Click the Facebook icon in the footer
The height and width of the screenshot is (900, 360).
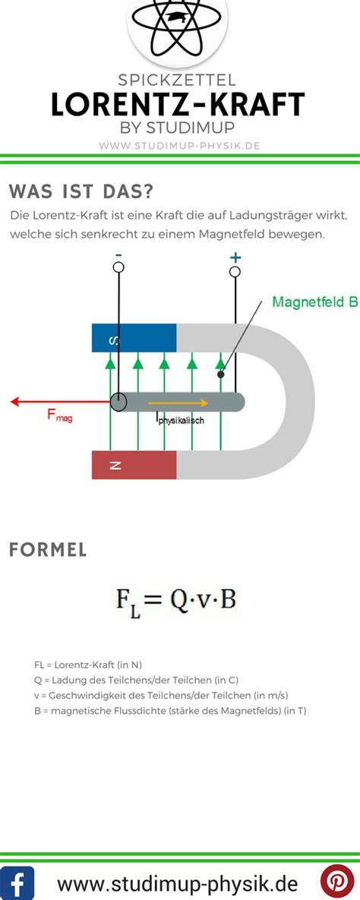(17, 883)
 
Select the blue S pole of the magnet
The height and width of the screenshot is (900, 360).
(134, 338)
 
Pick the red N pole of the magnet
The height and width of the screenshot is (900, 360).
(134, 465)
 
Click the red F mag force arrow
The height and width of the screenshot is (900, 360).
(60, 402)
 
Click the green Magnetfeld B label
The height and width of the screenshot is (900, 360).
(315, 302)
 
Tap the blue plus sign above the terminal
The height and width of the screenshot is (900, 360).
(235, 257)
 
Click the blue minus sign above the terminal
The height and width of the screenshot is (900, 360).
(118, 254)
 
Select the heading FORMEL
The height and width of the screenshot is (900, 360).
(49, 550)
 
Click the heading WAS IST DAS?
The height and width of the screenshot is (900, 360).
(81, 191)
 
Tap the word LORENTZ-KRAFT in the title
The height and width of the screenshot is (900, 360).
(178, 105)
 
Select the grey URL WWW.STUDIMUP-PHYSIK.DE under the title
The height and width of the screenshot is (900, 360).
(180, 145)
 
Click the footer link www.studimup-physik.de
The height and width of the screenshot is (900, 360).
(178, 883)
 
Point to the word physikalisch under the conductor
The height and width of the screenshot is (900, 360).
(181, 421)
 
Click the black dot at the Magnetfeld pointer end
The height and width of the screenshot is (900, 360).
(220, 374)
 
